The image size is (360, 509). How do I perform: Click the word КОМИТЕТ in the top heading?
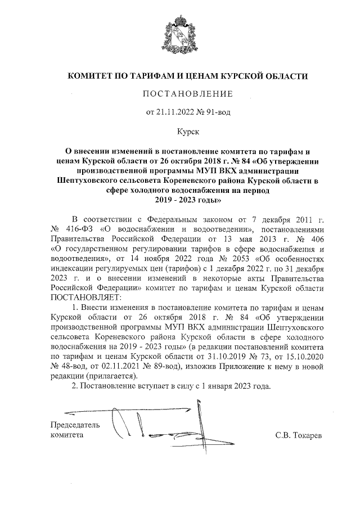(x=93, y=75)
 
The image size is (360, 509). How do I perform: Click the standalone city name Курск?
(x=181, y=130)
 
